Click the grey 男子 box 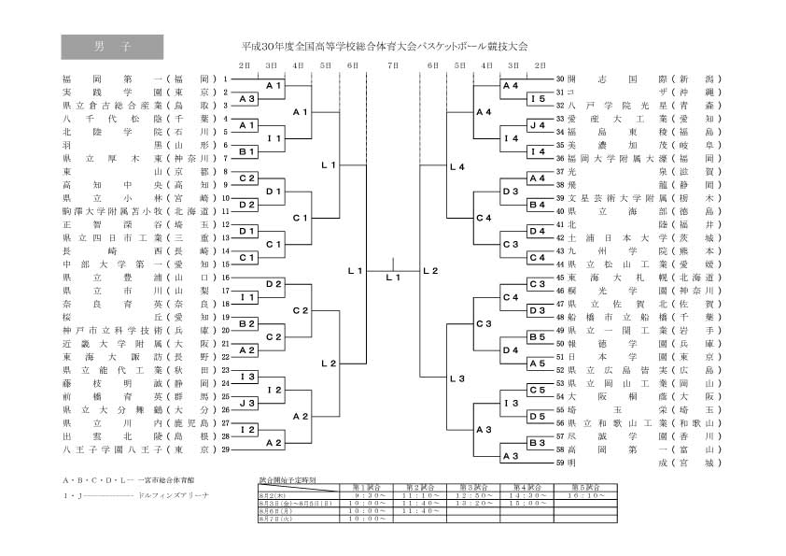pos(112,47)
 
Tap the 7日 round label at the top pos(392,64)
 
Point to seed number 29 pos(226,449)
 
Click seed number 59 pos(560,462)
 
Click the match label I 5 pos(538,99)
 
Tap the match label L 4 pos(456,168)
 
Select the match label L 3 pos(456,378)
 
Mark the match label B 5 pos(538,336)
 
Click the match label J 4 pos(538,125)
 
